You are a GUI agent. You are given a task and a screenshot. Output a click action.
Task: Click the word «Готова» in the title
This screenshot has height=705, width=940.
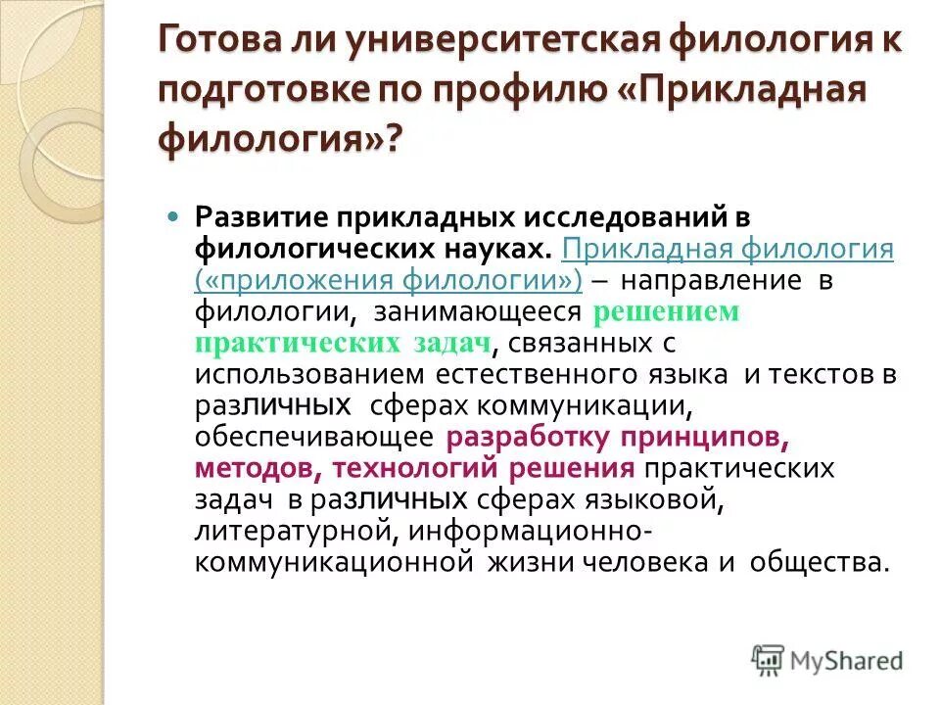tap(218, 41)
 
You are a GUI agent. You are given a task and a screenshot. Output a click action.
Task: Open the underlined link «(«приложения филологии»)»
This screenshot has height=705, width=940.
tap(389, 280)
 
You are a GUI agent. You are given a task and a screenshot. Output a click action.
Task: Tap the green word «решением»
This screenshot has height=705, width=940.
tap(665, 312)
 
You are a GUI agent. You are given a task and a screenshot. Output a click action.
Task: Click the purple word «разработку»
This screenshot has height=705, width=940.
tap(542, 437)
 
